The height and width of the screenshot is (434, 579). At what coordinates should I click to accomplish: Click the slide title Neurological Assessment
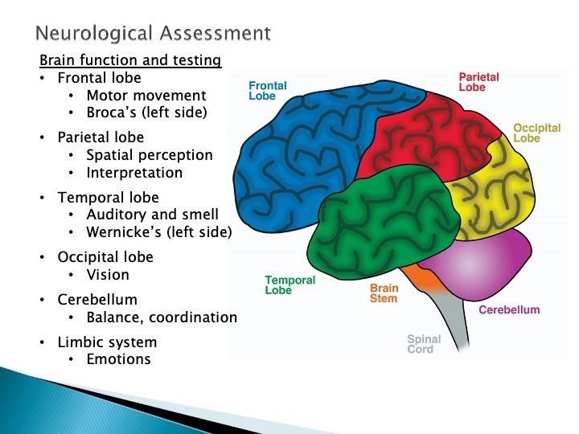click(x=153, y=33)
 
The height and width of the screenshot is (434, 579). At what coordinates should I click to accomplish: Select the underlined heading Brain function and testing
click(x=130, y=61)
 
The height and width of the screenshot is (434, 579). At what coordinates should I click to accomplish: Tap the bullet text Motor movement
click(x=146, y=96)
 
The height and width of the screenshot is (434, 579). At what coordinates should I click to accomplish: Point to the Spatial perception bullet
click(x=150, y=155)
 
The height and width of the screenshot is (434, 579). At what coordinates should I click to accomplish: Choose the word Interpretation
click(x=134, y=173)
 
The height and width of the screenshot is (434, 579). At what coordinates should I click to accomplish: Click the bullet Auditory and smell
click(x=152, y=215)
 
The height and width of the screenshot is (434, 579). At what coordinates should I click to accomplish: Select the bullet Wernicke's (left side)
click(x=158, y=232)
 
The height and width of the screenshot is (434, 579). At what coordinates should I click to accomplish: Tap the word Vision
click(x=108, y=275)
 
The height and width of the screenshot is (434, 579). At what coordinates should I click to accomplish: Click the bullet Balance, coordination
click(x=162, y=317)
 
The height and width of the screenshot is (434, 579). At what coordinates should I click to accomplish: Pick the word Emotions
click(x=118, y=359)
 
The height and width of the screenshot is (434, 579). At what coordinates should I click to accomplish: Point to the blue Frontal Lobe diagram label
click(x=267, y=91)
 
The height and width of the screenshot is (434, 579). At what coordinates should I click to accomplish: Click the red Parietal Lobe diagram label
click(x=478, y=82)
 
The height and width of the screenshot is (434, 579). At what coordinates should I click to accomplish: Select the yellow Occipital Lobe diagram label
click(x=536, y=133)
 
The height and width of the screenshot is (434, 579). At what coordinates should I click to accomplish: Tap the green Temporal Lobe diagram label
click(x=289, y=285)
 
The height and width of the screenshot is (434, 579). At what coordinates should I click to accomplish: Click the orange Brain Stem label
click(x=384, y=293)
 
